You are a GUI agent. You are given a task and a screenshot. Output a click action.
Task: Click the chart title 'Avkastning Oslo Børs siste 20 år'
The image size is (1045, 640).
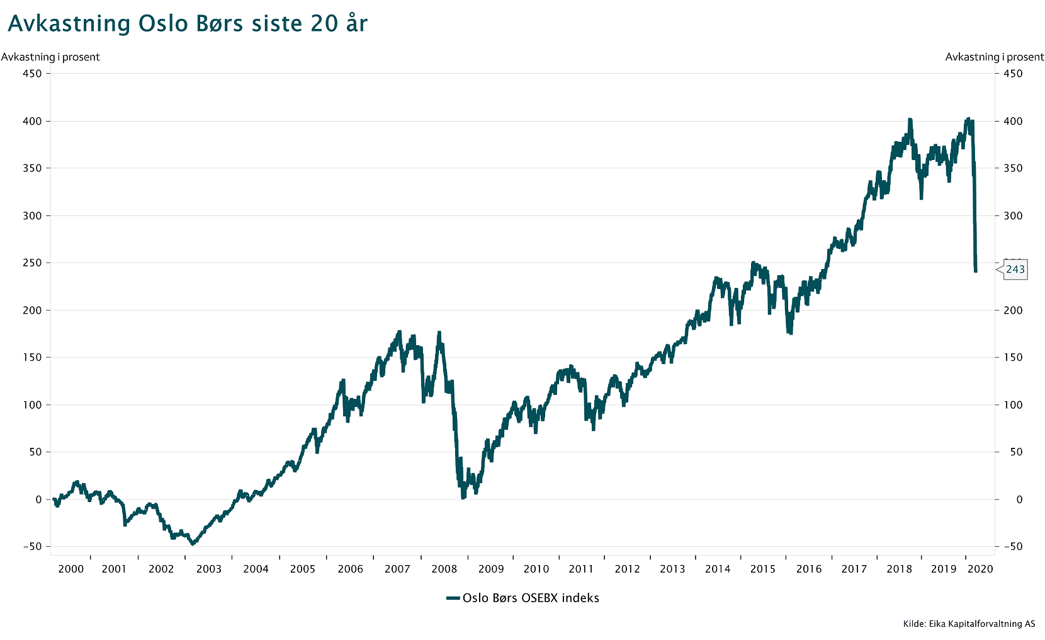[188, 24]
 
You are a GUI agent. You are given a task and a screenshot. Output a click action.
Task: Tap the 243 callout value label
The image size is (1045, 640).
[1015, 270]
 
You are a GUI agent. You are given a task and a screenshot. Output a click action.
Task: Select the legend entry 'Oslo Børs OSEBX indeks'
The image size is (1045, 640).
[530, 598]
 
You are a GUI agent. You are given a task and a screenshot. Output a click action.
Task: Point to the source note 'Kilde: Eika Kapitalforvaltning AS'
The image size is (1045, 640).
[969, 624]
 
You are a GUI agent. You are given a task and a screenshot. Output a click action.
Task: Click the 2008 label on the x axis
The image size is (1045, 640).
[444, 569]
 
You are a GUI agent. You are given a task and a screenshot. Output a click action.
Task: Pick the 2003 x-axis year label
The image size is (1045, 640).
[208, 569]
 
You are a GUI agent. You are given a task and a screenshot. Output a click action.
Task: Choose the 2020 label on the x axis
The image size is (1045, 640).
[980, 569]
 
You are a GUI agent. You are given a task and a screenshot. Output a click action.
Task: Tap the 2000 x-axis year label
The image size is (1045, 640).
[71, 569]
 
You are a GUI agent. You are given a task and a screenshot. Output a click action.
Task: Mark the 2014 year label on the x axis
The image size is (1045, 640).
[718, 569]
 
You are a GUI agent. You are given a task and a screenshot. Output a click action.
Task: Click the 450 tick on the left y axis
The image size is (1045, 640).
[32, 74]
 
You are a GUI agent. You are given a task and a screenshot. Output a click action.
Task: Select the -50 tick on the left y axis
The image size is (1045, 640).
[32, 547]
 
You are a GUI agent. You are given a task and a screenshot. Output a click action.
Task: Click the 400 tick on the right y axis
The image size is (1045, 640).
[1013, 121]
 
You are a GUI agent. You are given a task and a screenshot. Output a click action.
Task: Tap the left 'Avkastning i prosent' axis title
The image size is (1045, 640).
[50, 57]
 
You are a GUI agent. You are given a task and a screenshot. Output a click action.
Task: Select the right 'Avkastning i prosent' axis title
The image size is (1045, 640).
[995, 57]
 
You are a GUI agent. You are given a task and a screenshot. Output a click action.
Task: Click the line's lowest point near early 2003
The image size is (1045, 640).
[193, 543]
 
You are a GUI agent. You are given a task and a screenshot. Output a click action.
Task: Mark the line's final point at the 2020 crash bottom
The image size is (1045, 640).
[976, 271]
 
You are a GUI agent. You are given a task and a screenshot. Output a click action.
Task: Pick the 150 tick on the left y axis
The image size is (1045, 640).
[32, 357]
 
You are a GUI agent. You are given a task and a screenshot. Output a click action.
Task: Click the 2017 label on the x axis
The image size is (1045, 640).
[854, 569]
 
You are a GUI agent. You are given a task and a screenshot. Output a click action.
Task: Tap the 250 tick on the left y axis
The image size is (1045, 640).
[32, 263]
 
